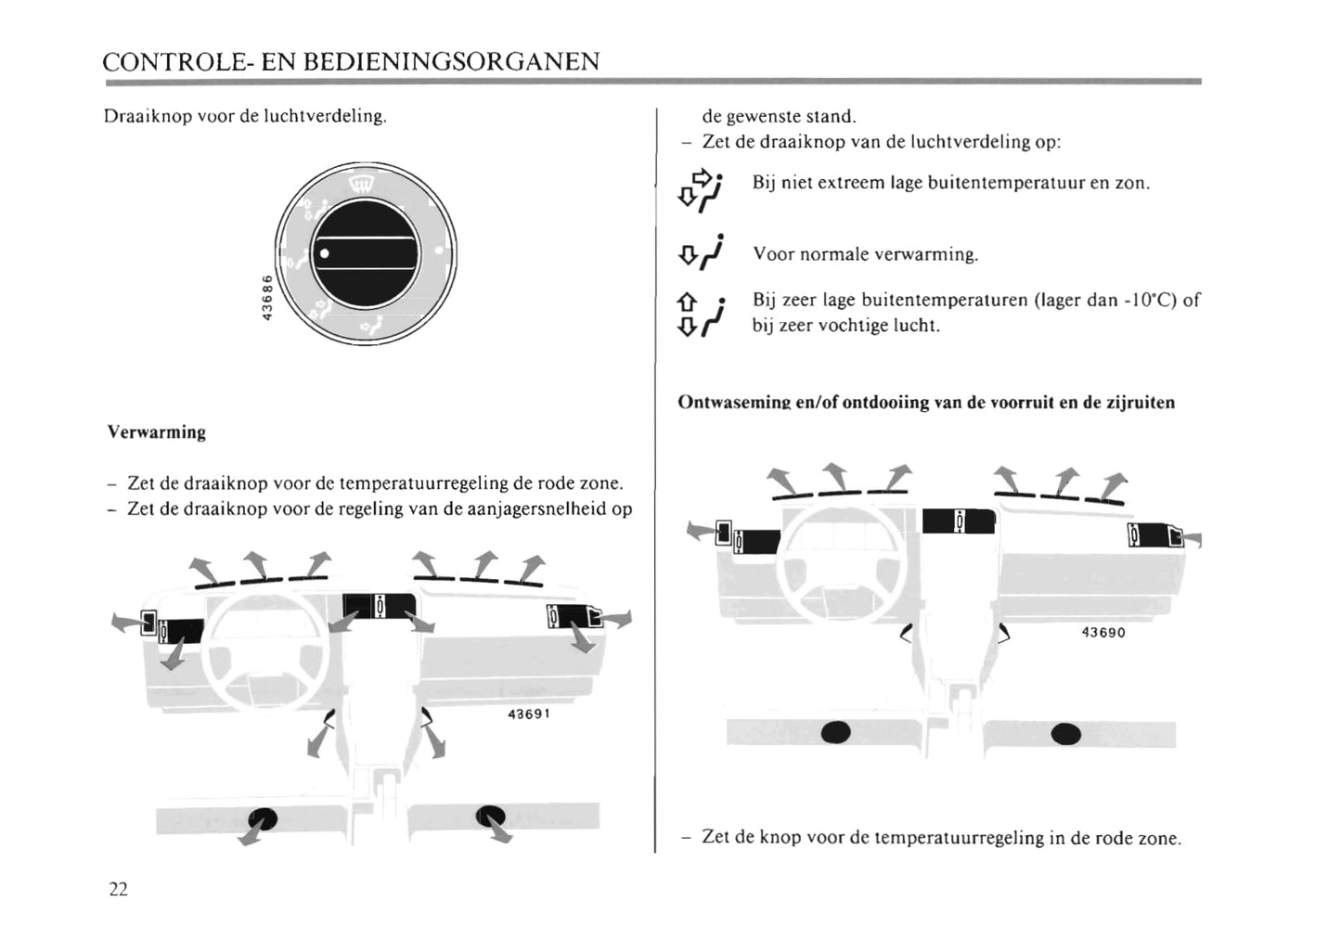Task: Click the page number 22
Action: (x=118, y=889)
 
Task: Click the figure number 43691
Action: (x=529, y=714)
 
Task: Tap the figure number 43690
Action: (x=1103, y=633)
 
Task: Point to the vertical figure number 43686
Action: (x=266, y=297)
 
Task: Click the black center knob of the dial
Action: (x=366, y=253)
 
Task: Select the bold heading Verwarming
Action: (x=157, y=432)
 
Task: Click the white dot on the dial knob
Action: (x=324, y=253)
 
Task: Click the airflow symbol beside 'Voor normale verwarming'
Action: (x=702, y=252)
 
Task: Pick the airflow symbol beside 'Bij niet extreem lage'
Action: (x=702, y=188)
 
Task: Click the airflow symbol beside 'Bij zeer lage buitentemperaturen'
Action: (x=701, y=314)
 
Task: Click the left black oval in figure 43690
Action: (x=836, y=732)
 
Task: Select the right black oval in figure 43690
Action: (x=1065, y=734)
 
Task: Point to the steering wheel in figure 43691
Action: (x=266, y=649)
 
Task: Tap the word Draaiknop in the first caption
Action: (x=139, y=117)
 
